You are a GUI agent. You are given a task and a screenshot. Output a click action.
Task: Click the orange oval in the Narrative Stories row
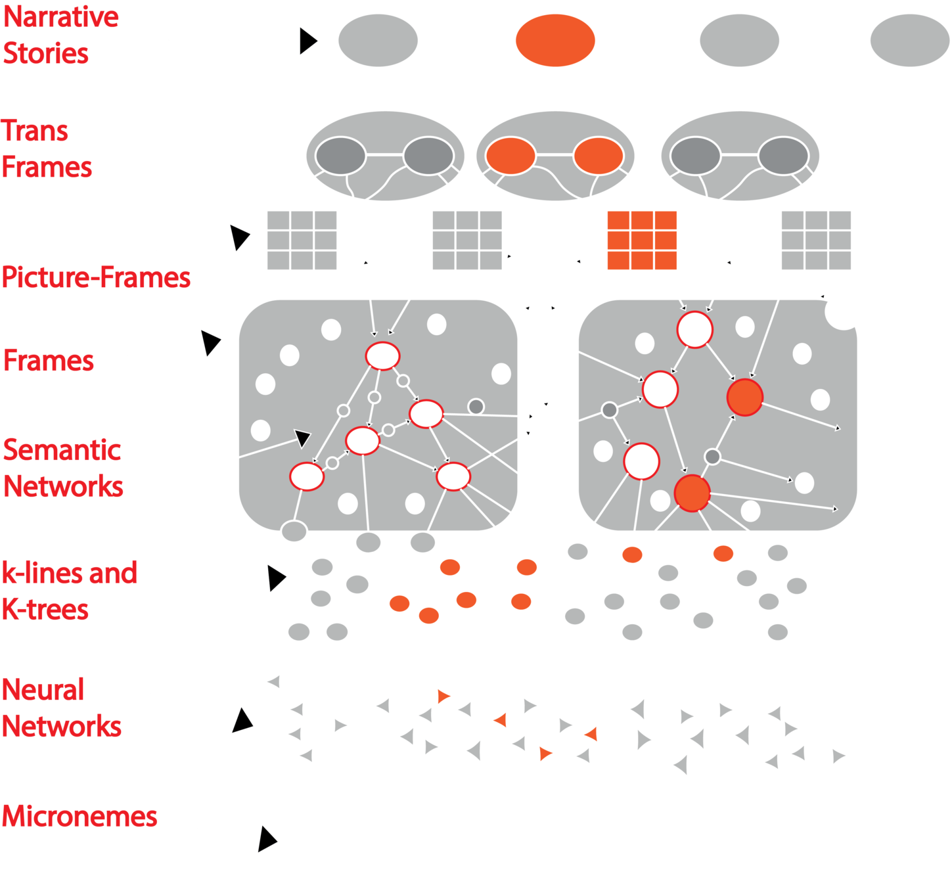tap(555, 40)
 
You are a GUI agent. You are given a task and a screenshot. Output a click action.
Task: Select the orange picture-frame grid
tap(641, 240)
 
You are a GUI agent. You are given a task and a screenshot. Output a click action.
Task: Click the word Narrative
tap(61, 17)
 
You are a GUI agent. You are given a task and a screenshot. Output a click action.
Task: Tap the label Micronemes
tap(79, 817)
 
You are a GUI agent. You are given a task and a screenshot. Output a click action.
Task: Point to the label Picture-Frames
tap(96, 277)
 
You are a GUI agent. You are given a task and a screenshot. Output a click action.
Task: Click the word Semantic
tap(62, 450)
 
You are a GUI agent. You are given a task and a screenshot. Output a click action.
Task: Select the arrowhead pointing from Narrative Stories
tap(308, 41)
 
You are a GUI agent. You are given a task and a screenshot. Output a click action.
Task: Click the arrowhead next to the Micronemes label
tap(267, 839)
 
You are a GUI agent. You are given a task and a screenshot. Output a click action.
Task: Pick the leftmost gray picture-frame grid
tap(302, 240)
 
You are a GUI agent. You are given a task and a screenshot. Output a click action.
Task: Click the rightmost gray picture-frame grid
tap(816, 240)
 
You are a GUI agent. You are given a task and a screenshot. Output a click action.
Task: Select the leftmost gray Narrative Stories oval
tap(378, 40)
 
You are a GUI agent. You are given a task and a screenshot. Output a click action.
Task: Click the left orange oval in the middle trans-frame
tap(510, 156)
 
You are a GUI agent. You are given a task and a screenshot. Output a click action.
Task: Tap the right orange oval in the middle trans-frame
tap(598, 156)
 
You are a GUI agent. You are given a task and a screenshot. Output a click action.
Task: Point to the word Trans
tap(35, 131)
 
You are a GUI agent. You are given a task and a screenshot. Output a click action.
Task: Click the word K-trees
tap(45, 610)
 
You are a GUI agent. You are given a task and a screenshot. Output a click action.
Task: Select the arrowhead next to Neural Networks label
tap(242, 720)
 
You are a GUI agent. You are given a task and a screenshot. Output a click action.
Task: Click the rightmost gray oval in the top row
tap(909, 40)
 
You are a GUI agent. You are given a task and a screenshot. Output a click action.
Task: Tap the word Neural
tap(43, 690)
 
